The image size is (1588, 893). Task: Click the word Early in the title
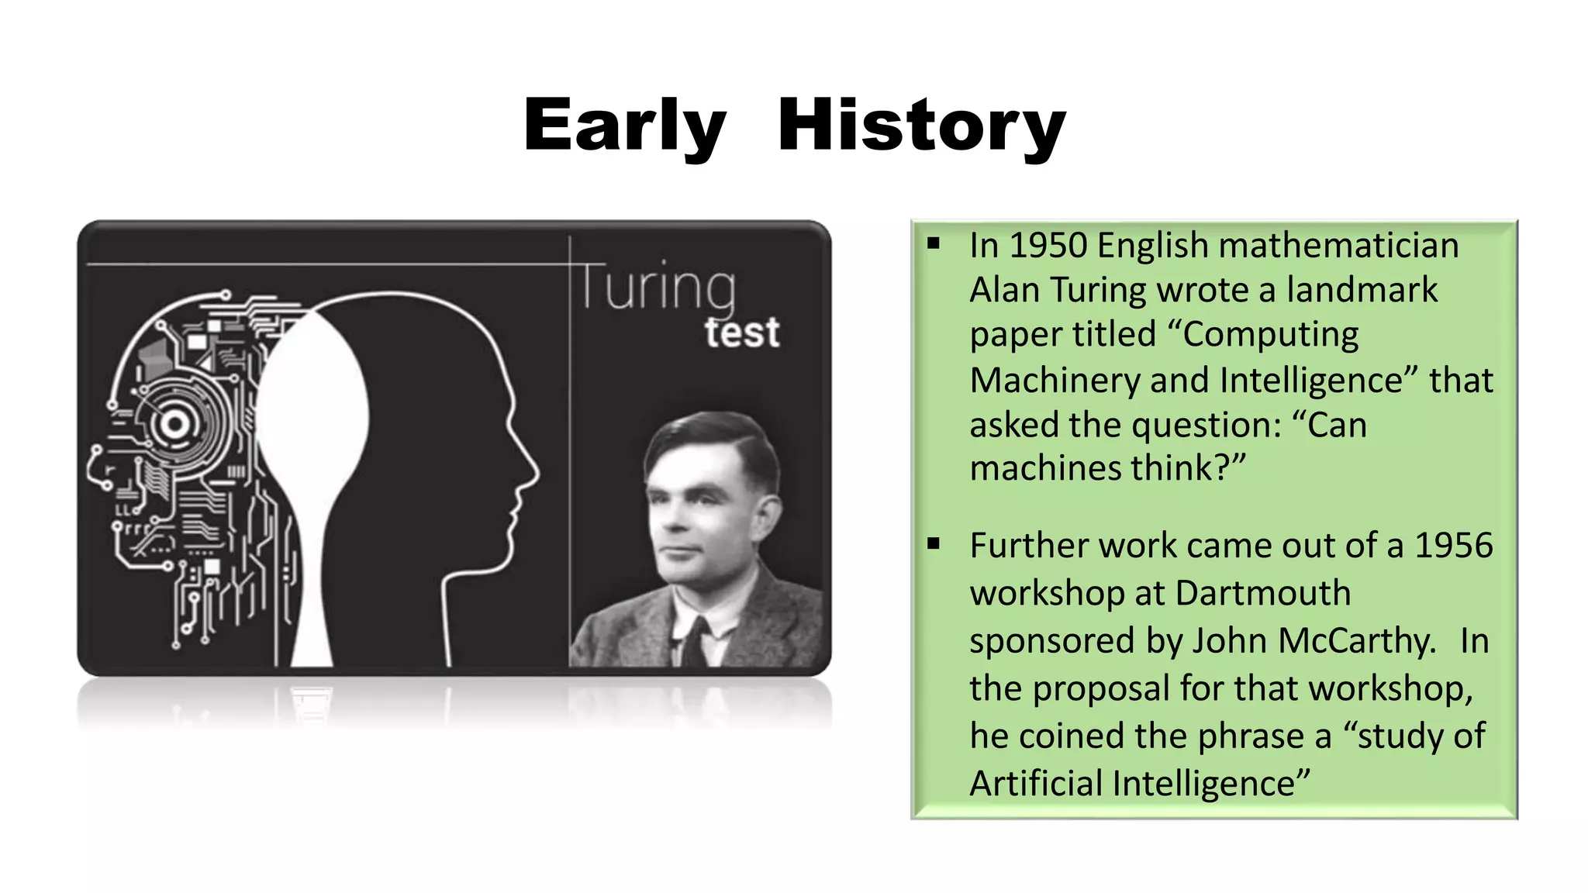(625, 126)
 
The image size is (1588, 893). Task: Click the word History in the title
(922, 126)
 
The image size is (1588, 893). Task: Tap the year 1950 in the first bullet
(1048, 246)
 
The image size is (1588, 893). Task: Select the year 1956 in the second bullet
(1453, 546)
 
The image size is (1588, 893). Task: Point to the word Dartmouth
(1262, 594)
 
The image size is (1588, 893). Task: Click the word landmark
(1362, 291)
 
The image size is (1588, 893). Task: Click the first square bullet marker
(934, 244)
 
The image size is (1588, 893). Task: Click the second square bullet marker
(934, 544)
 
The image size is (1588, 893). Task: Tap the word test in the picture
(741, 333)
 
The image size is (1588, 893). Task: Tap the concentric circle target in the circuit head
(174, 424)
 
